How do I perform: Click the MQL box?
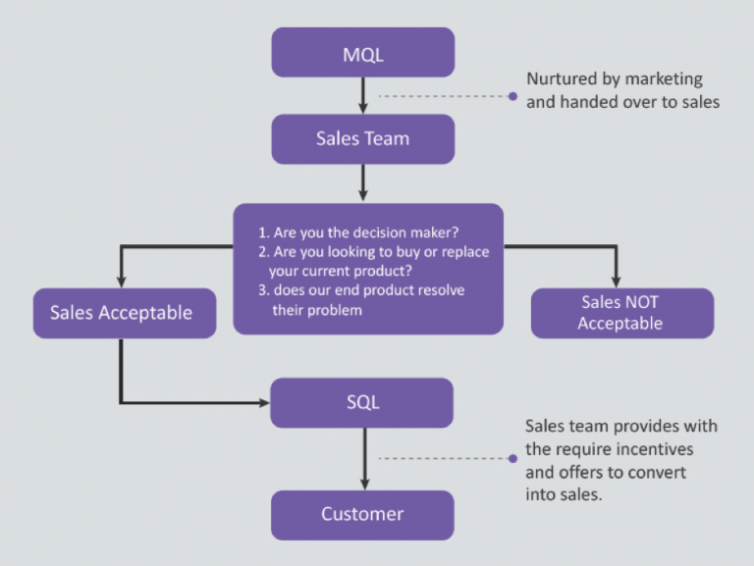[363, 53]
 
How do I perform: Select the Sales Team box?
[363, 138]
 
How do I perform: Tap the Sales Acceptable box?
[124, 313]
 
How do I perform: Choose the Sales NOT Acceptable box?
[621, 313]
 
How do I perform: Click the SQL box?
[362, 402]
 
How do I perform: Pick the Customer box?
[362, 514]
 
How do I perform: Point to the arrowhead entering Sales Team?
[363, 108]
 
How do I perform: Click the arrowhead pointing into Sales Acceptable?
[123, 282]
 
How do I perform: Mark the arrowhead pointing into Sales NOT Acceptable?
[618, 282]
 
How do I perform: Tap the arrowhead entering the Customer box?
[364, 484]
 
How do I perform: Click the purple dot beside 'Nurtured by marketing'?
[512, 96]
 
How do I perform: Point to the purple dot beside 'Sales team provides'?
[512, 458]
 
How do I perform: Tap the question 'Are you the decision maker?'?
[365, 233]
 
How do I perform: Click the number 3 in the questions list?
[262, 290]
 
